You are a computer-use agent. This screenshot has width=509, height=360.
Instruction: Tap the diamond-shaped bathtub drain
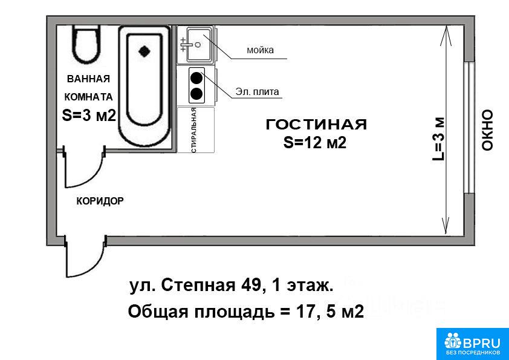click(144, 51)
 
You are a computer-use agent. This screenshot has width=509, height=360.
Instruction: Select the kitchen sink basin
click(199, 44)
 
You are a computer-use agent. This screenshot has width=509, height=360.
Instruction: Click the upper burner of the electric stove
click(196, 78)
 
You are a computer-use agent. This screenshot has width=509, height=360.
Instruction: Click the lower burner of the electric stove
click(196, 94)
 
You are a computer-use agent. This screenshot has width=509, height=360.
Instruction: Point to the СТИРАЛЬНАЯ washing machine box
click(196, 130)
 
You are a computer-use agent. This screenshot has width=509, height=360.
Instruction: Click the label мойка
click(261, 50)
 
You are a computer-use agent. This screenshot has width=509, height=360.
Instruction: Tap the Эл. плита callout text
click(257, 91)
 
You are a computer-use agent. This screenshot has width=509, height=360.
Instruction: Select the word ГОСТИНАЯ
click(316, 125)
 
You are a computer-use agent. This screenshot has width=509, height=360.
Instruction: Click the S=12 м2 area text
click(315, 142)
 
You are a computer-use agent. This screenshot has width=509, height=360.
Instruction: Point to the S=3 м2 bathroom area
click(89, 115)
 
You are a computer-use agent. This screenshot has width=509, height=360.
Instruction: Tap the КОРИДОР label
click(100, 201)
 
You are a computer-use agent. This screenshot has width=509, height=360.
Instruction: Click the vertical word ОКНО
click(487, 130)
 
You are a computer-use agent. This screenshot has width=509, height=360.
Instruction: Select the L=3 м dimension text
click(438, 139)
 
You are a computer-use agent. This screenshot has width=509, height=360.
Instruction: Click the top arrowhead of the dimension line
click(446, 36)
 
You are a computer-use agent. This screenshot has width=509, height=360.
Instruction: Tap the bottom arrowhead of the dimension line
click(446, 225)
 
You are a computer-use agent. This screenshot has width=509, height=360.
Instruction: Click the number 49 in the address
click(250, 286)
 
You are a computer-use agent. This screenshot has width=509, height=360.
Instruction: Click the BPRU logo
click(473, 344)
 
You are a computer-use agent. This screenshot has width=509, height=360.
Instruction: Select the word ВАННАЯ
click(88, 79)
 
